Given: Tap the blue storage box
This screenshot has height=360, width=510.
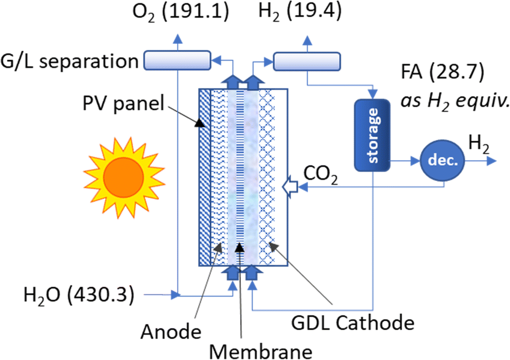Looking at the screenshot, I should point(372,135).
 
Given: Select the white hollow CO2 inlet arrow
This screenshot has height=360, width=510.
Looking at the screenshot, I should point(290,187).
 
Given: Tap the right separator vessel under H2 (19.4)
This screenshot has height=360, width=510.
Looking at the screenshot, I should point(307,61).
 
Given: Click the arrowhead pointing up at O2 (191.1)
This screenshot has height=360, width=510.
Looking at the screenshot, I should point(177,38).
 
